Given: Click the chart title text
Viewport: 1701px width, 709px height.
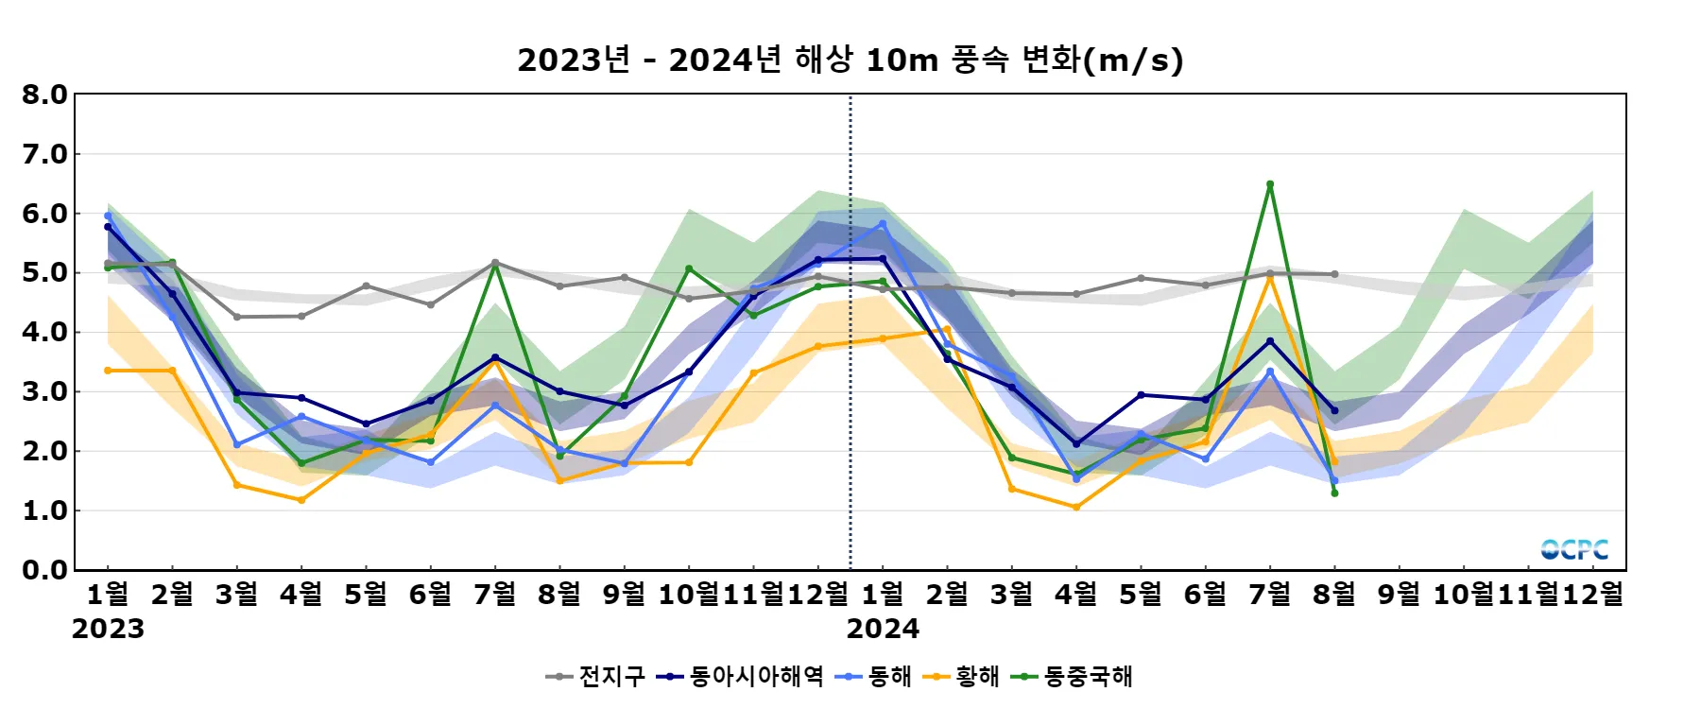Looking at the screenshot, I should pyautogui.click(x=850, y=60).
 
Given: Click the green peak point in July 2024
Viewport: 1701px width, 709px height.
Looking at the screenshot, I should pyautogui.click(x=1270, y=184).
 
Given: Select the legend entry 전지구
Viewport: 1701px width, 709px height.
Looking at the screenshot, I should pyautogui.click(x=596, y=676).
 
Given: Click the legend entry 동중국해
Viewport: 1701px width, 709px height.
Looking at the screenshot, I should pyautogui.click(x=1072, y=676).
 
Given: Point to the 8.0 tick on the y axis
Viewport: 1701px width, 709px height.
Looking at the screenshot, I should pyautogui.click(x=45, y=95).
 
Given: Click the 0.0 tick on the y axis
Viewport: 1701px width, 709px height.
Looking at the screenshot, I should pyautogui.click(x=45, y=570).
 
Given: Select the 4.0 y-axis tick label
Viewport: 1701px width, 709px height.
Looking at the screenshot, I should pyautogui.click(x=45, y=332).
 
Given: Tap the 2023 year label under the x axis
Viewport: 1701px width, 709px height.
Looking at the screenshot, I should pyautogui.click(x=108, y=629).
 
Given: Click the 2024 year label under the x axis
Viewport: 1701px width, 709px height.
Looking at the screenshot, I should pyautogui.click(x=883, y=629).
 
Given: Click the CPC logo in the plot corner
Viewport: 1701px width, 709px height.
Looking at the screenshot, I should pyautogui.click(x=1574, y=549).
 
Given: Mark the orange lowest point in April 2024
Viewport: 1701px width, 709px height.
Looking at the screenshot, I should pyautogui.click(x=1076, y=508).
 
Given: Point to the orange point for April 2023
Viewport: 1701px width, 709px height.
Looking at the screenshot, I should pyautogui.click(x=301, y=500).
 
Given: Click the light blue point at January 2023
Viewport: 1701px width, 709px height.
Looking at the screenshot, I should pyautogui.click(x=108, y=216).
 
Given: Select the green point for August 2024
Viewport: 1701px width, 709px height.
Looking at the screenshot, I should pyautogui.click(x=1334, y=493).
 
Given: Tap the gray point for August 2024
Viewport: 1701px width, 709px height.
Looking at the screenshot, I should pyautogui.click(x=1334, y=274).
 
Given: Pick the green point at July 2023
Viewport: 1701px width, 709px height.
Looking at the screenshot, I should pyautogui.click(x=495, y=265).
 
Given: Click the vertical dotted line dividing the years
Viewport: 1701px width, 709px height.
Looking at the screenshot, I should pyautogui.click(x=850, y=378).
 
